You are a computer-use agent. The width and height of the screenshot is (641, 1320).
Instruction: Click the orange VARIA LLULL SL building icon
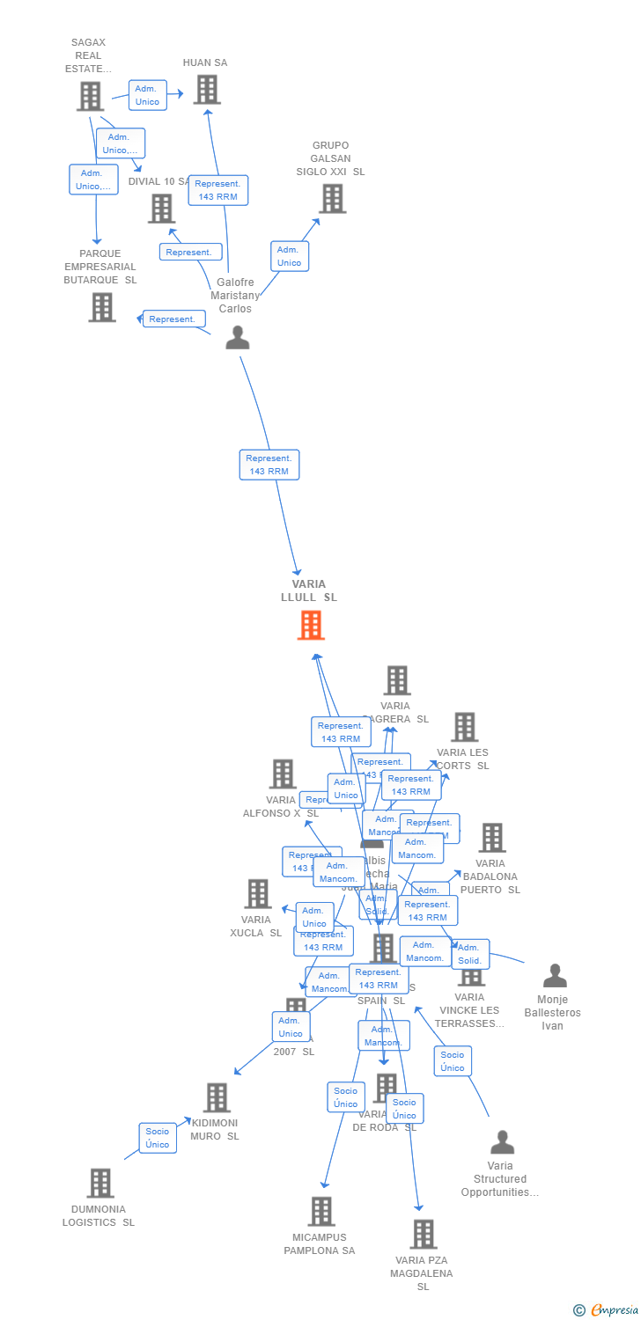tap(311, 625)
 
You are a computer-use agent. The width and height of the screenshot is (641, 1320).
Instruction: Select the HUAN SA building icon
tap(207, 90)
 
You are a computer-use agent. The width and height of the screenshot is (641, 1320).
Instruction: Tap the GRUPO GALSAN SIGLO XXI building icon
tap(332, 199)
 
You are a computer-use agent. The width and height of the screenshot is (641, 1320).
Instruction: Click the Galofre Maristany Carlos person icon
tap(238, 338)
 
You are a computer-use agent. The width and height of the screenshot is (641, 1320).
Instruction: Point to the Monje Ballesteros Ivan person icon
tap(555, 976)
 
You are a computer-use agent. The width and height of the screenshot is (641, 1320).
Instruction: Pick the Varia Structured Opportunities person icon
tap(502, 1142)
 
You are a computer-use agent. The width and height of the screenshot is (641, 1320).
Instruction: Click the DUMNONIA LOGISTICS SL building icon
tap(100, 1184)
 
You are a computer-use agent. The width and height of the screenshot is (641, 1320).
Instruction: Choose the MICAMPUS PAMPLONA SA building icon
tap(321, 1212)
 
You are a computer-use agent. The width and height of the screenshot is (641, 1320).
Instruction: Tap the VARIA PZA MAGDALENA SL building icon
tap(424, 1235)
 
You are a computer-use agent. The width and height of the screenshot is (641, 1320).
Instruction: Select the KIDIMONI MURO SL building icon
tap(217, 1097)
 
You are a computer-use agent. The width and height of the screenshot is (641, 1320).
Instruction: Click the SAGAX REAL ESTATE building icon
tap(90, 96)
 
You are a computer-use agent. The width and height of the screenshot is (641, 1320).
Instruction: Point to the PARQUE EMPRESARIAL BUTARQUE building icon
tap(102, 307)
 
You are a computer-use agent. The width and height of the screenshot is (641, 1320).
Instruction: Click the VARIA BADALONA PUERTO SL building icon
tap(492, 838)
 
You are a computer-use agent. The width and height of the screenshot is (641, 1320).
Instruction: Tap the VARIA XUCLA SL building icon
tap(258, 894)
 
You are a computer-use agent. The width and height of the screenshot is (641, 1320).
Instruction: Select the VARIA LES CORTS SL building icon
tap(465, 727)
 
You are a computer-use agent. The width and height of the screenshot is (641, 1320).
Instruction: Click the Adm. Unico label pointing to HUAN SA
tap(147, 95)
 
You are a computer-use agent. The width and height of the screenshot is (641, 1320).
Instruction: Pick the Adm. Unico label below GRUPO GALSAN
tap(289, 256)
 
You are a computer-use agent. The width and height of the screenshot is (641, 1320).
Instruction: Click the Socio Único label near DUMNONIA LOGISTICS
tap(158, 1138)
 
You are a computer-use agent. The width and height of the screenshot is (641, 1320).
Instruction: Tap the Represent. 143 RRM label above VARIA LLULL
tap(269, 465)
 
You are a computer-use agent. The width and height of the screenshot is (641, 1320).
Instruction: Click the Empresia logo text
tap(614, 1310)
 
